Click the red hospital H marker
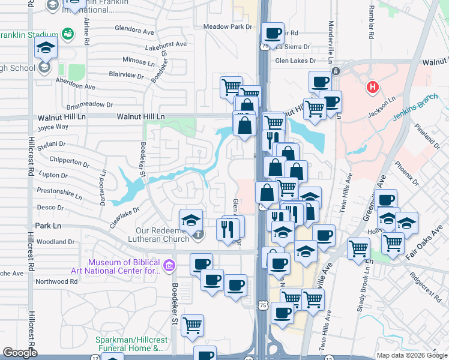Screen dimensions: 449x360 (x=373, y=88)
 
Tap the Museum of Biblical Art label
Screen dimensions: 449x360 (x=124, y=266)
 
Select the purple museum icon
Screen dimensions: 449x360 (x=169, y=265)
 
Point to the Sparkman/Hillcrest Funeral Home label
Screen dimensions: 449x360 (x=129, y=344)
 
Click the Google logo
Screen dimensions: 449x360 (x=20, y=353)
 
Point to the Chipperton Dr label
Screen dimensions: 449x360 (x=70, y=161)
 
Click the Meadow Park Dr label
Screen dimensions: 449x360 (x=228, y=26)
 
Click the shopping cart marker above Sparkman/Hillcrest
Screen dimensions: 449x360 (x=192, y=326)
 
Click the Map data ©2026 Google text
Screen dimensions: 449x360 (x=411, y=355)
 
